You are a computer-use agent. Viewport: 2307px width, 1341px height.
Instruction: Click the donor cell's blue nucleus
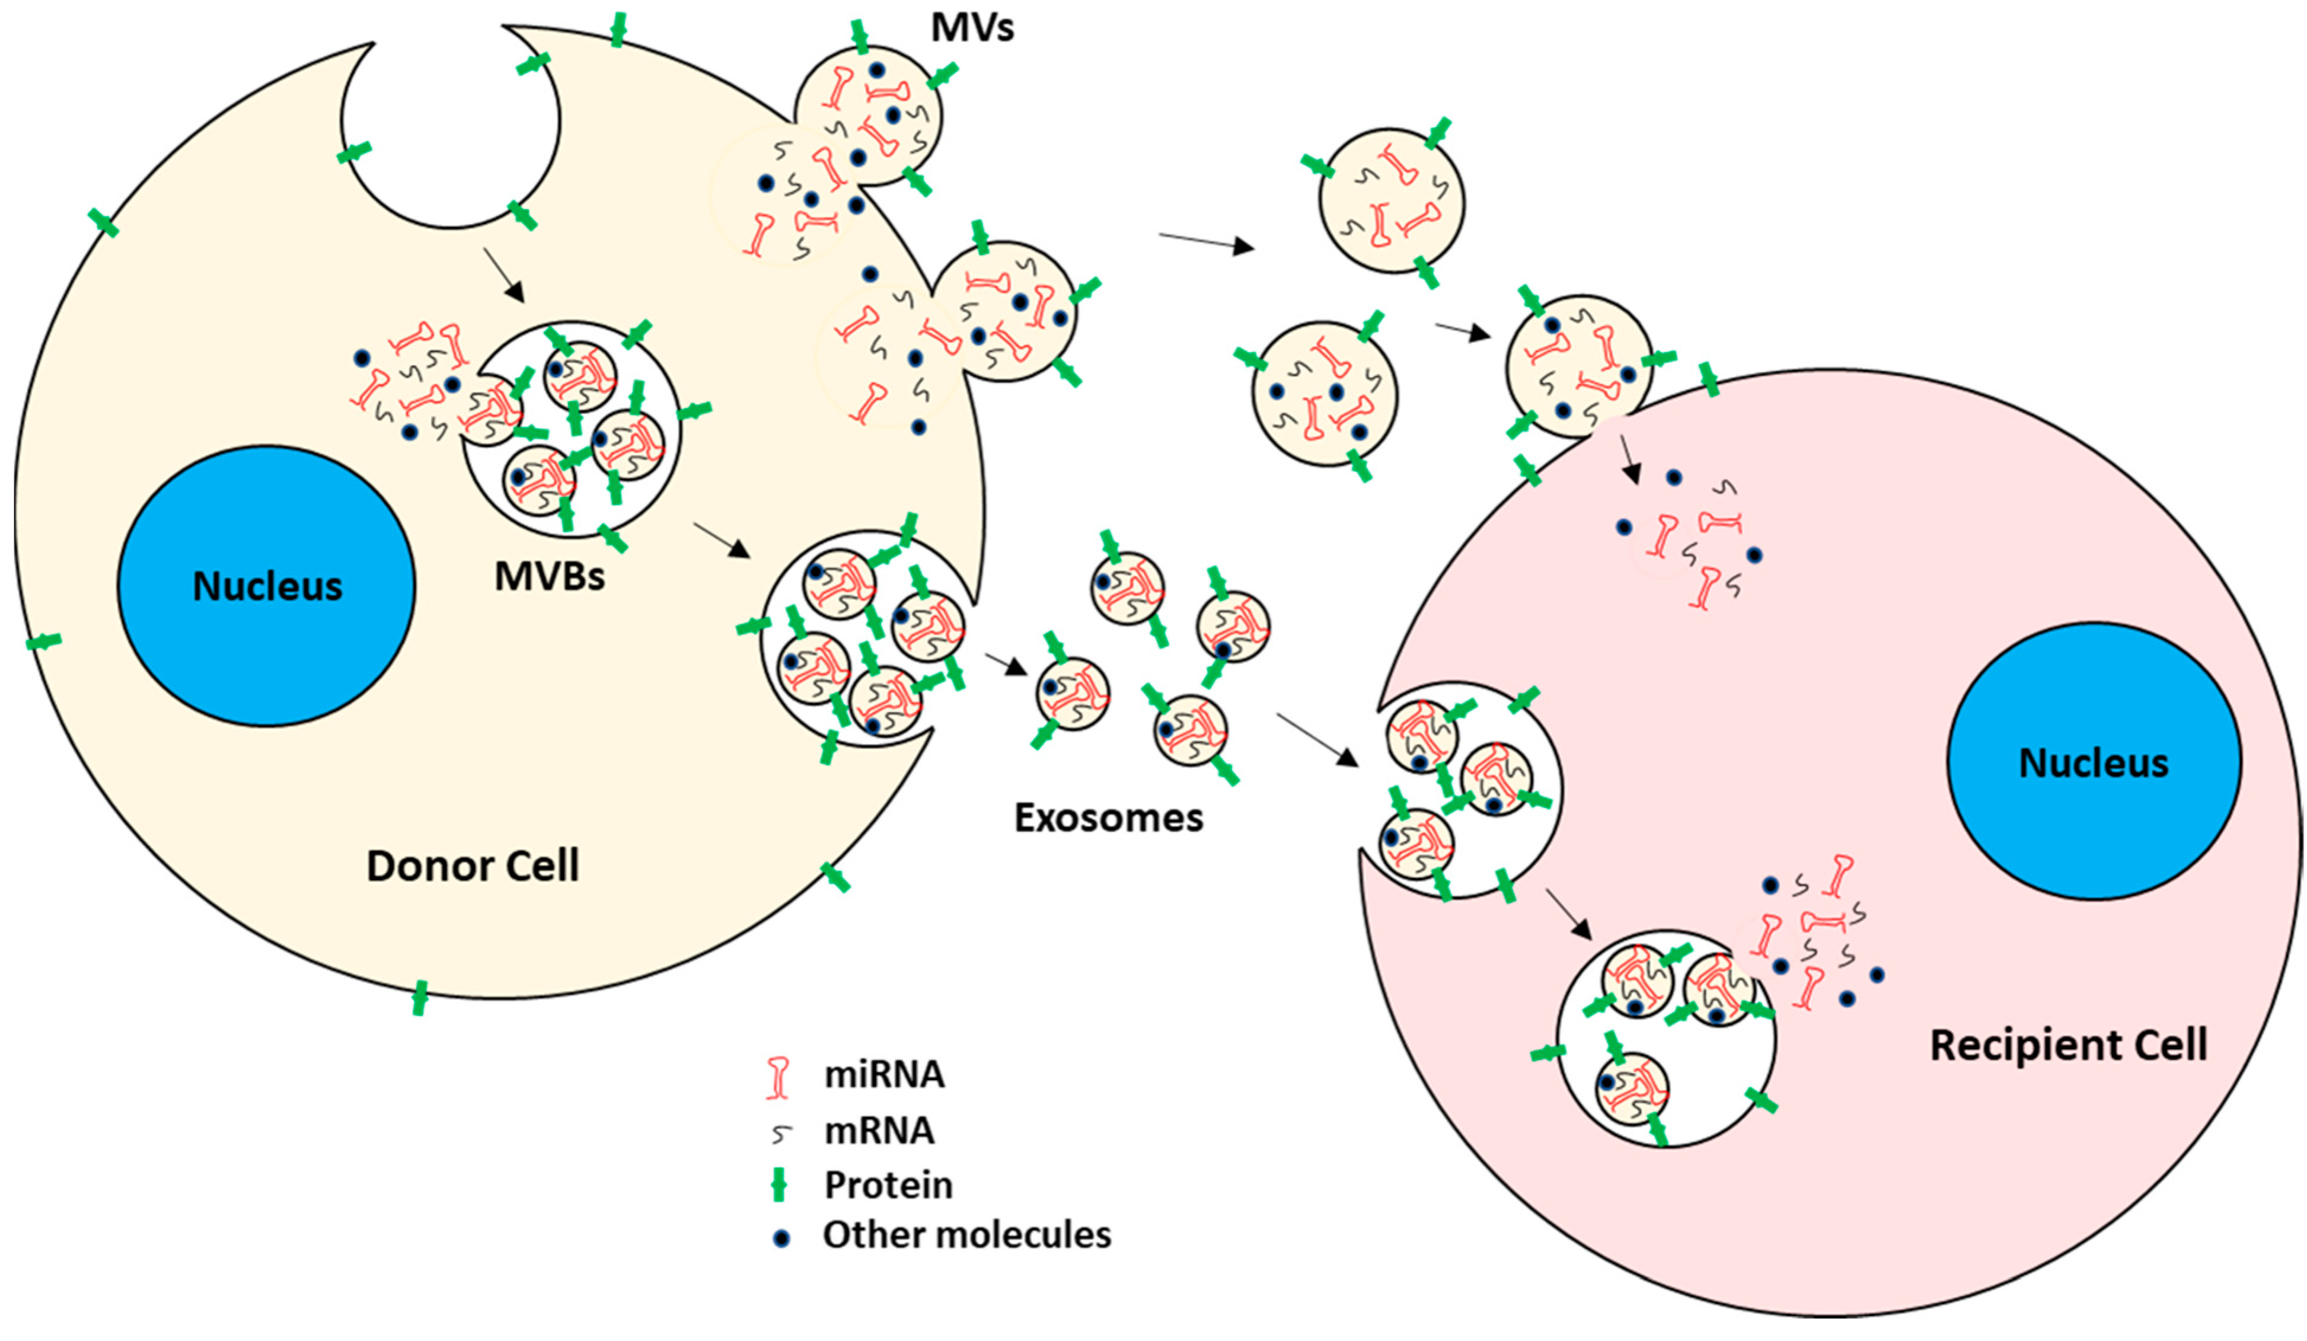(266, 586)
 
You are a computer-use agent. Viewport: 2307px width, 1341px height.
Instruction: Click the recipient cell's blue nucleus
(2094, 762)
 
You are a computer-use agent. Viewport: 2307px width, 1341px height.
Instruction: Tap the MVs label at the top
(972, 27)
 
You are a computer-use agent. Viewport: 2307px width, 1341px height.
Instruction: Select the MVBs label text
(549, 577)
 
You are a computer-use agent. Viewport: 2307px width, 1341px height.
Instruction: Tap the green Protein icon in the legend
(779, 1184)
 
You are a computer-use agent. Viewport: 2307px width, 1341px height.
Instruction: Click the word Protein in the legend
(888, 1184)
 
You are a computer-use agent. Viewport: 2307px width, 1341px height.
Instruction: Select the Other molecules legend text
(967, 1235)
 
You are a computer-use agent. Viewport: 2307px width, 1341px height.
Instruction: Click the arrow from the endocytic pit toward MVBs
(503, 274)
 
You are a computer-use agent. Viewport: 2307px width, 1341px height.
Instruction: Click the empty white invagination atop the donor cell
(451, 128)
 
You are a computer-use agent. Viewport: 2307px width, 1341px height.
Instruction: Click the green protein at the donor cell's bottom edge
(419, 998)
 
